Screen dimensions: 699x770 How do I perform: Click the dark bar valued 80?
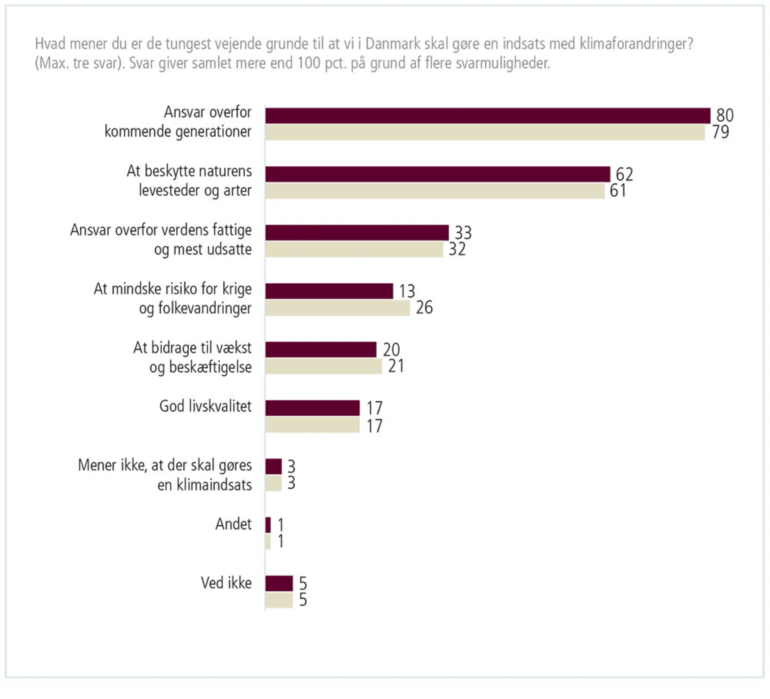[487, 116]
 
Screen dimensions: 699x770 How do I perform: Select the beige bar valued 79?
[485, 133]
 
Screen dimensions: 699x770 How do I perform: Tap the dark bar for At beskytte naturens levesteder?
[437, 174]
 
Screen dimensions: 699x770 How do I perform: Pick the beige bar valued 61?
[435, 191]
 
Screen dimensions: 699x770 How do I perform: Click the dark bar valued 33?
[357, 233]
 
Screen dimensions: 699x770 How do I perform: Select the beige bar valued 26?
[337, 308]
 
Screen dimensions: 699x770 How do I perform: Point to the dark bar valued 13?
[329, 291]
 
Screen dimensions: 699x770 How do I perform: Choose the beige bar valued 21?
[323, 366]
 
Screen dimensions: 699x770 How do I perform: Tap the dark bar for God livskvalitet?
[312, 408]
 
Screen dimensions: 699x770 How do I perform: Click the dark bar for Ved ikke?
[279, 584]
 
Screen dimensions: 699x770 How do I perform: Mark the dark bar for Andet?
[268, 525]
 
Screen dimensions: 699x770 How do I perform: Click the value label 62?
[624, 174]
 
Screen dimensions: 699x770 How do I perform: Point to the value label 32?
[457, 249]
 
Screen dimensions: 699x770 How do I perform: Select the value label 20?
[391, 349]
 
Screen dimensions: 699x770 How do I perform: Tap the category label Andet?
[233, 524]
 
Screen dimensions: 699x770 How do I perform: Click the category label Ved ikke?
[226, 583]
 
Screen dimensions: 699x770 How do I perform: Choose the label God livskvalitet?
[205, 406]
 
